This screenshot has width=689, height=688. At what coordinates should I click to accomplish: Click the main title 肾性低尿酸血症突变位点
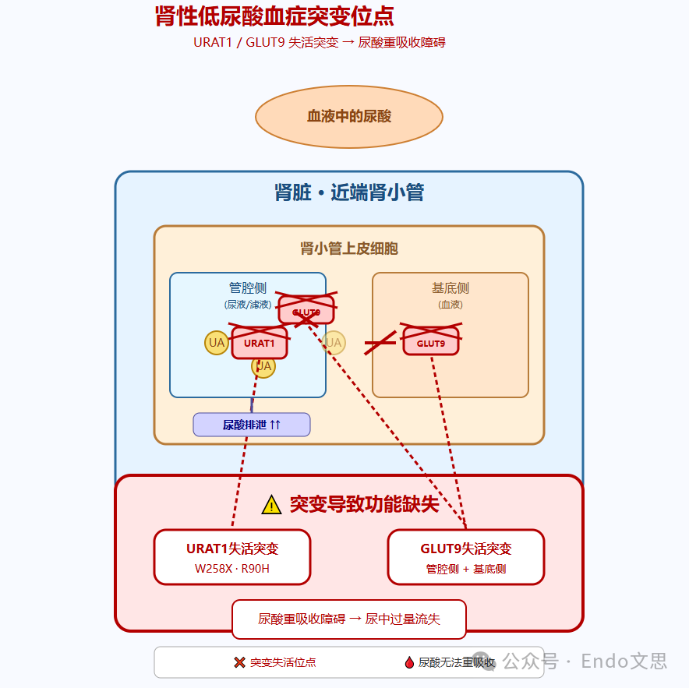[x=274, y=16]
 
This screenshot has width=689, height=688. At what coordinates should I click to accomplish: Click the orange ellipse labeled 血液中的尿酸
[x=349, y=117]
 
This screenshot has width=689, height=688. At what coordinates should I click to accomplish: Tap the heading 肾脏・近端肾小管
[x=349, y=192]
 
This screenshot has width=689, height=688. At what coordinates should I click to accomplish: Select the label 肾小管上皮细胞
[x=349, y=249]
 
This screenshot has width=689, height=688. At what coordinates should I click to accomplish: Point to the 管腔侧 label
[x=248, y=288]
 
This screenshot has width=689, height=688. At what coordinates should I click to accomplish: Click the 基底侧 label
[x=450, y=288]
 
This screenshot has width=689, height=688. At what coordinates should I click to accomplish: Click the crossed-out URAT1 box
[x=260, y=343]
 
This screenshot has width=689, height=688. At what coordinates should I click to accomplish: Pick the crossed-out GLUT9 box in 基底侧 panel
[x=431, y=343]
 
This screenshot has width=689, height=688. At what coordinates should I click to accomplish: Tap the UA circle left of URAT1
[x=217, y=343]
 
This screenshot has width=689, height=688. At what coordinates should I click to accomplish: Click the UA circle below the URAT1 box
[x=263, y=366]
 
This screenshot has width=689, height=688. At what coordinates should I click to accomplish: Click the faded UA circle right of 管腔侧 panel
[x=334, y=343]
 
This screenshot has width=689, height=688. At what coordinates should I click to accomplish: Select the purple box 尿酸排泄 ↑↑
[x=252, y=425]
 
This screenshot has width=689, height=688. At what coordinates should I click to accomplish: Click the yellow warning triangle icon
[x=271, y=505]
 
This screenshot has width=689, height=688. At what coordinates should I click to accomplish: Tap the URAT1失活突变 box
[x=232, y=556]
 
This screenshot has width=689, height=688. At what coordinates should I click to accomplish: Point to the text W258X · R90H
[x=232, y=569]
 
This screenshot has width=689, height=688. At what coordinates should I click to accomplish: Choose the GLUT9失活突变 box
[x=466, y=556]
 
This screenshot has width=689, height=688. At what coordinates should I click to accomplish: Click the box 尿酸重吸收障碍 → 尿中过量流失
[x=349, y=619]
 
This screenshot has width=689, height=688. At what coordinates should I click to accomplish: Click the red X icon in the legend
[x=240, y=662]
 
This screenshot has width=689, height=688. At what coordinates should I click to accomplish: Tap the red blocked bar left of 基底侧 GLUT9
[x=380, y=343]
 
